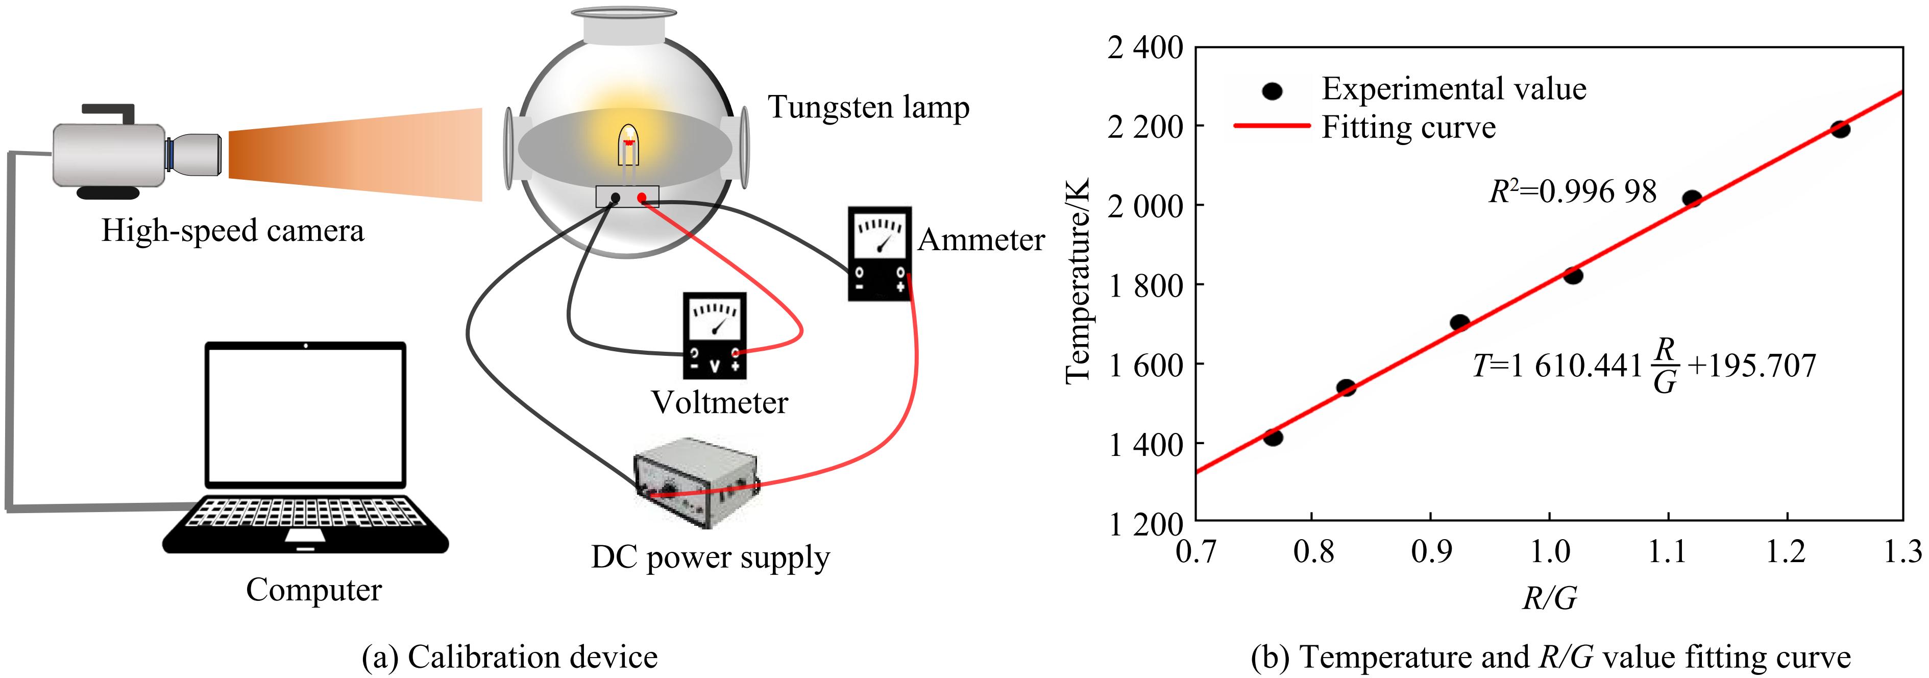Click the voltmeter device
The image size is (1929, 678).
[715, 335]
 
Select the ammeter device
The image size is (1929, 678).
[879, 253]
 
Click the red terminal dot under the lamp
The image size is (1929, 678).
[642, 198]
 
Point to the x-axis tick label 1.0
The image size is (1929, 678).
[1549, 552]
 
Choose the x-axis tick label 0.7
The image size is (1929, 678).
[1196, 552]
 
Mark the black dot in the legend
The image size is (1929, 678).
[1272, 91]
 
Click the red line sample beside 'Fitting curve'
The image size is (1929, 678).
[1272, 126]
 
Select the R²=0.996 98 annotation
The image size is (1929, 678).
[1573, 192]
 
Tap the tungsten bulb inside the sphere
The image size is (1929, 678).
[628, 144]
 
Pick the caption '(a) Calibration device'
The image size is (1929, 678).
[509, 657]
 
